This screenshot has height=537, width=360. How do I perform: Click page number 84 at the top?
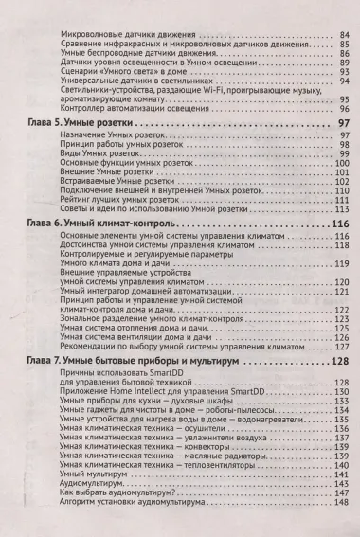[342, 34]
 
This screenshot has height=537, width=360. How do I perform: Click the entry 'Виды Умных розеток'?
[91, 153]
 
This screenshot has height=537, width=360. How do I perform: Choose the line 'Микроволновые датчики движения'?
[115, 34]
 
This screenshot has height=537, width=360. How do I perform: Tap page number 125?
[341, 328]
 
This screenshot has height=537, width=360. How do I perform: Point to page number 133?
[341, 399]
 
